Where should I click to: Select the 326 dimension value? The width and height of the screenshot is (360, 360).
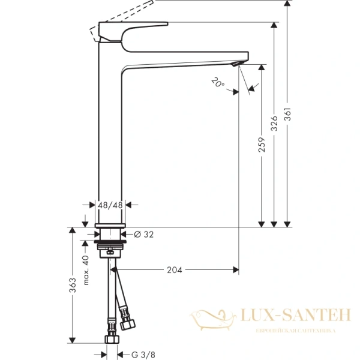click(x=274, y=123)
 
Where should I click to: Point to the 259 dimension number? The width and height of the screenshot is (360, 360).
click(x=262, y=150)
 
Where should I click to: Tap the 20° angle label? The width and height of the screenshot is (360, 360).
click(x=218, y=82)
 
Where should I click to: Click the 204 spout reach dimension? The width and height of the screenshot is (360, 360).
click(x=174, y=269)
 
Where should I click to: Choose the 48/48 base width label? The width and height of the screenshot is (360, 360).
click(x=110, y=205)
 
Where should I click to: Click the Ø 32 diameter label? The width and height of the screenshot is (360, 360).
click(x=144, y=234)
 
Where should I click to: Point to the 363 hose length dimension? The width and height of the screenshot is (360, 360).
click(x=73, y=284)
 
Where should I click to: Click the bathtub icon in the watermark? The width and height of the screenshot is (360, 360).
click(x=212, y=317)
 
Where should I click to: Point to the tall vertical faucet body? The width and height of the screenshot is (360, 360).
click(x=110, y=132)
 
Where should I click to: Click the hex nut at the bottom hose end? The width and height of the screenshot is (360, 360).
click(x=110, y=340)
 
